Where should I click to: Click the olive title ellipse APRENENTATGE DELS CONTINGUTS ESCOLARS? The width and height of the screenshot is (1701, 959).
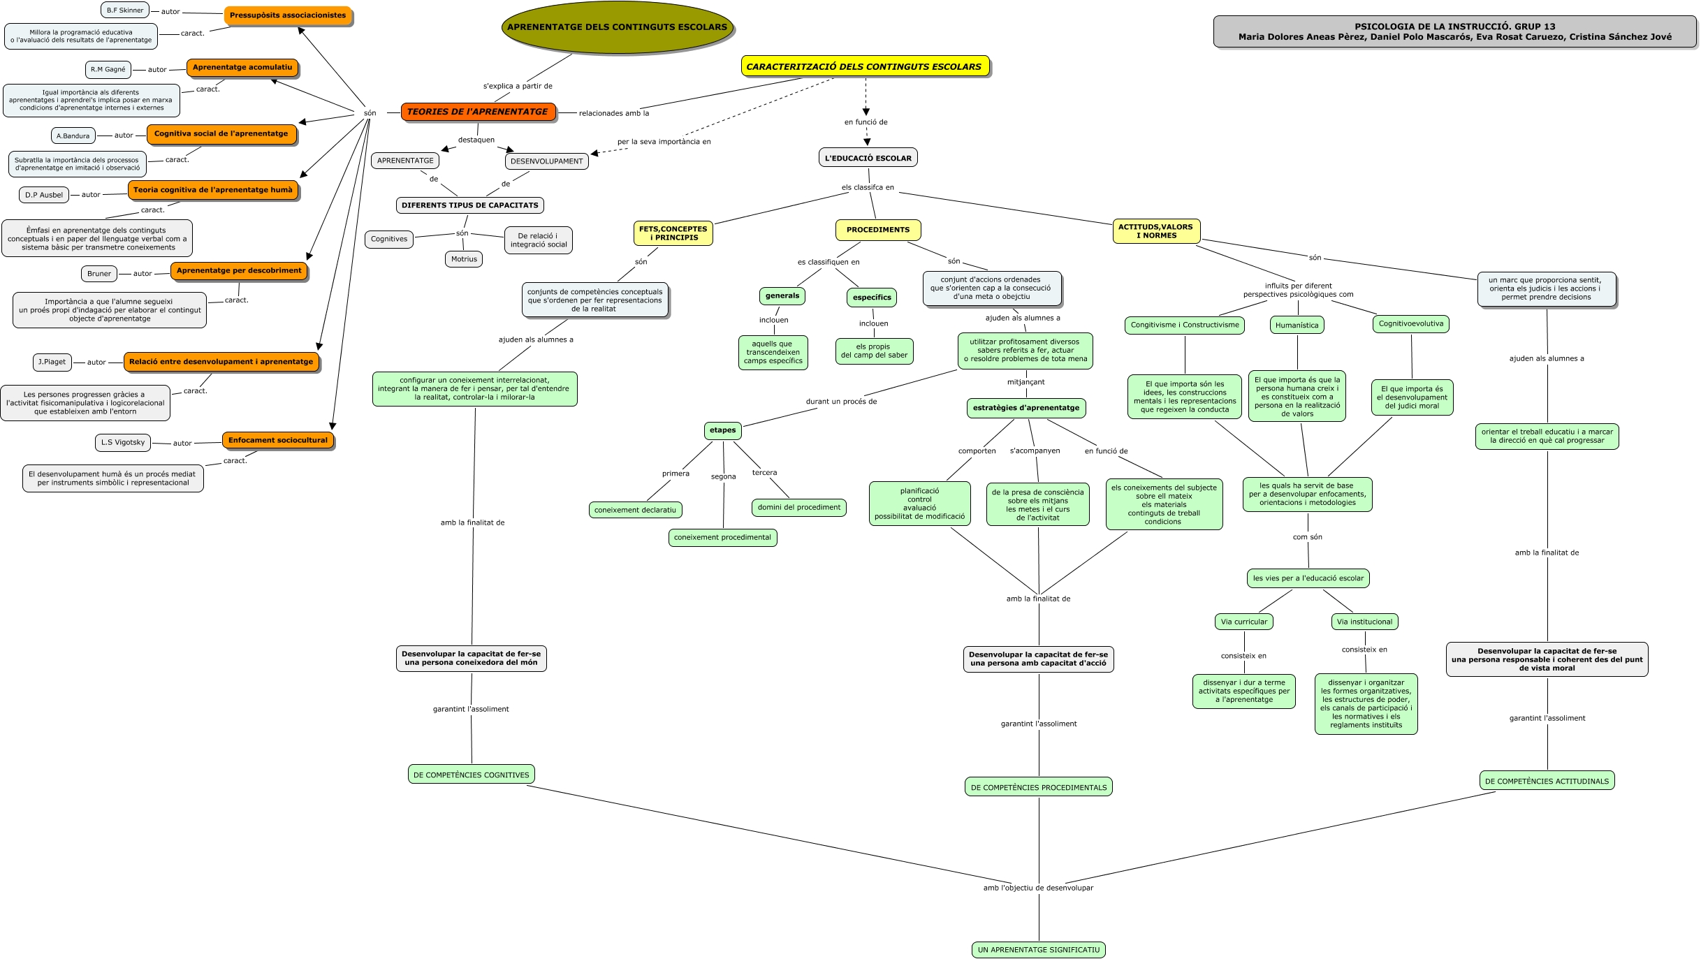[617, 27]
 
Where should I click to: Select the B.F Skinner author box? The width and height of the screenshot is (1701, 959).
[125, 10]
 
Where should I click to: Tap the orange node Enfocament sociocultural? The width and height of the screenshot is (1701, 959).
[277, 441]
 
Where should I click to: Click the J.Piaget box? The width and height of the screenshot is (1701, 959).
[52, 362]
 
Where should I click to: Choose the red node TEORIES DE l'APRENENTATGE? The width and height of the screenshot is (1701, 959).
[478, 112]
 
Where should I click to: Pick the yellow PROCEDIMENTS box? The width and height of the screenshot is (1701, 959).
[877, 230]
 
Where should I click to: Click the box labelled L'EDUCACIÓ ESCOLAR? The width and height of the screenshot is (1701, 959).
[868, 158]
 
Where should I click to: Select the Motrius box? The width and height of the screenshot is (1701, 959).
[464, 259]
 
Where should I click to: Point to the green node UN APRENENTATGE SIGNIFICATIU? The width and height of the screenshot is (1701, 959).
[1038, 950]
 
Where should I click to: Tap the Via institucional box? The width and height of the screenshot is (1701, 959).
[1364, 622]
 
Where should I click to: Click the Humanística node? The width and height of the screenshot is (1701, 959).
[1297, 325]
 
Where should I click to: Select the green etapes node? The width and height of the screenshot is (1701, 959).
[722, 430]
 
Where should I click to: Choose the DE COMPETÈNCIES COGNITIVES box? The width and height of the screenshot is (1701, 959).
[472, 775]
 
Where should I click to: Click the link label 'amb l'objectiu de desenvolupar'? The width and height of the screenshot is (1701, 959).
[1038, 888]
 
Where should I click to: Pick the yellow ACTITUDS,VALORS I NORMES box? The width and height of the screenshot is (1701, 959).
[1155, 231]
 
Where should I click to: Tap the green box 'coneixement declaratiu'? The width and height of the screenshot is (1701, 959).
[635, 510]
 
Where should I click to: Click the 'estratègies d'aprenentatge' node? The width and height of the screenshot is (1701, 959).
[1025, 408]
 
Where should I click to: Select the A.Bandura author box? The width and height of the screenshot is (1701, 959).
[73, 136]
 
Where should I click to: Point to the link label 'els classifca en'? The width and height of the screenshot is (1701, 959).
[868, 187]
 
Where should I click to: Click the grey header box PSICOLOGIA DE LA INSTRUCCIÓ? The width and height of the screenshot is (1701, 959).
[1454, 32]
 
